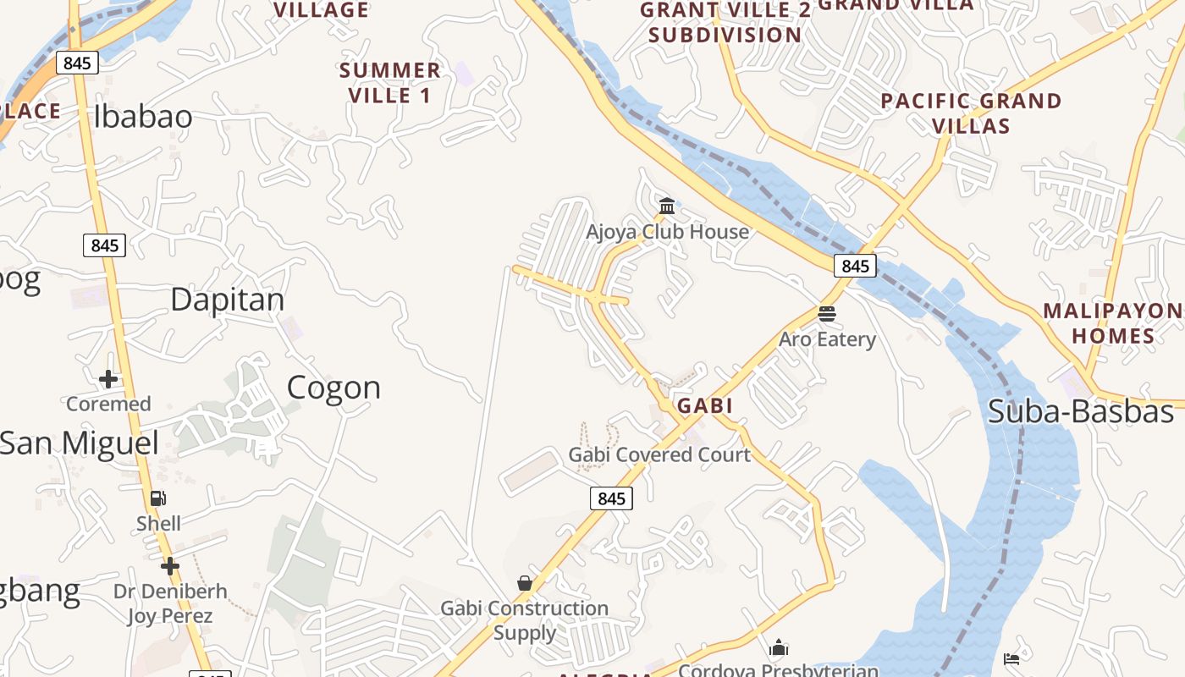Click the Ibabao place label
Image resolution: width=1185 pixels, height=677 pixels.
[x=143, y=118]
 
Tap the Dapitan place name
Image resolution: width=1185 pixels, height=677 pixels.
[x=228, y=300]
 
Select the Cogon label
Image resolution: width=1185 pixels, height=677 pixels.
[x=333, y=388]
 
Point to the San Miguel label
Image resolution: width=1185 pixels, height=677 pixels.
[x=80, y=443]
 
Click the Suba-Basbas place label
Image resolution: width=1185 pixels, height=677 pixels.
[x=1081, y=412]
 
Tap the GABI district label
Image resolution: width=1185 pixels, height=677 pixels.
[x=704, y=406]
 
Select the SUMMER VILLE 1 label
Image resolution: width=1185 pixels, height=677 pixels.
[x=390, y=82]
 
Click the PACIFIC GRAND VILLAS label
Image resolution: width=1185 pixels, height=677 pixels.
[x=971, y=113]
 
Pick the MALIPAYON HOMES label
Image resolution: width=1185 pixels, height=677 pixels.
[x=1112, y=323]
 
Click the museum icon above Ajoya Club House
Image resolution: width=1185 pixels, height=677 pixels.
[x=667, y=206]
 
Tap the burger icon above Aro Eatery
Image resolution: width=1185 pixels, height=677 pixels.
[x=827, y=314]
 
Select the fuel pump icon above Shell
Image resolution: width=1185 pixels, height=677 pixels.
[x=158, y=498]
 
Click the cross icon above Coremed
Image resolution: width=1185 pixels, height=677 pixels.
[x=108, y=378]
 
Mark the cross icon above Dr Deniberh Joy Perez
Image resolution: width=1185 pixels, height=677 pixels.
[x=170, y=565]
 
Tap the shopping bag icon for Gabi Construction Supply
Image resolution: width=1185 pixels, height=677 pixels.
[x=525, y=583]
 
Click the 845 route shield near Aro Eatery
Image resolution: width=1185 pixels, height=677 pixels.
[x=855, y=266]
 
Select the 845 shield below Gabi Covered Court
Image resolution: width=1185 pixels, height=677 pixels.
[x=611, y=498]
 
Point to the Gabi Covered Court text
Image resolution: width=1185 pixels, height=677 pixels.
[x=659, y=455]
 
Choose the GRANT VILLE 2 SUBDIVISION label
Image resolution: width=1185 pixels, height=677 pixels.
[x=725, y=23]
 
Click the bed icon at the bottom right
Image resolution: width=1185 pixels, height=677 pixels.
[x=1011, y=658]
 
